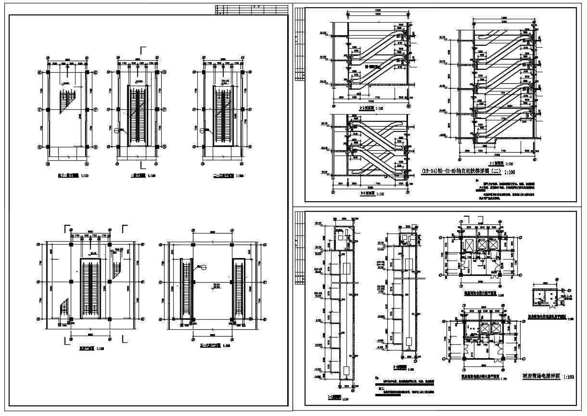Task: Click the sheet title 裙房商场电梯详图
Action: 541,377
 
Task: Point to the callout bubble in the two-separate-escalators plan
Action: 204,268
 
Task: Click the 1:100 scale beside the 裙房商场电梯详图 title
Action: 568,377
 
